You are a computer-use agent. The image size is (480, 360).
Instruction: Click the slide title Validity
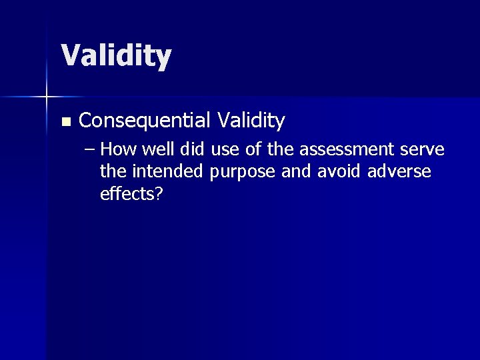pyautogui.click(x=116, y=56)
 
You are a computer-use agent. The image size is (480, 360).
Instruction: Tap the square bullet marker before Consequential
pyautogui.click(x=65, y=122)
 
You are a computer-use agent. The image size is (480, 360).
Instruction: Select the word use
pyautogui.click(x=224, y=151)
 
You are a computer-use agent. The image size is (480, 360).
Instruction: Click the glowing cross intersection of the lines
pyautogui.click(x=47, y=97)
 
